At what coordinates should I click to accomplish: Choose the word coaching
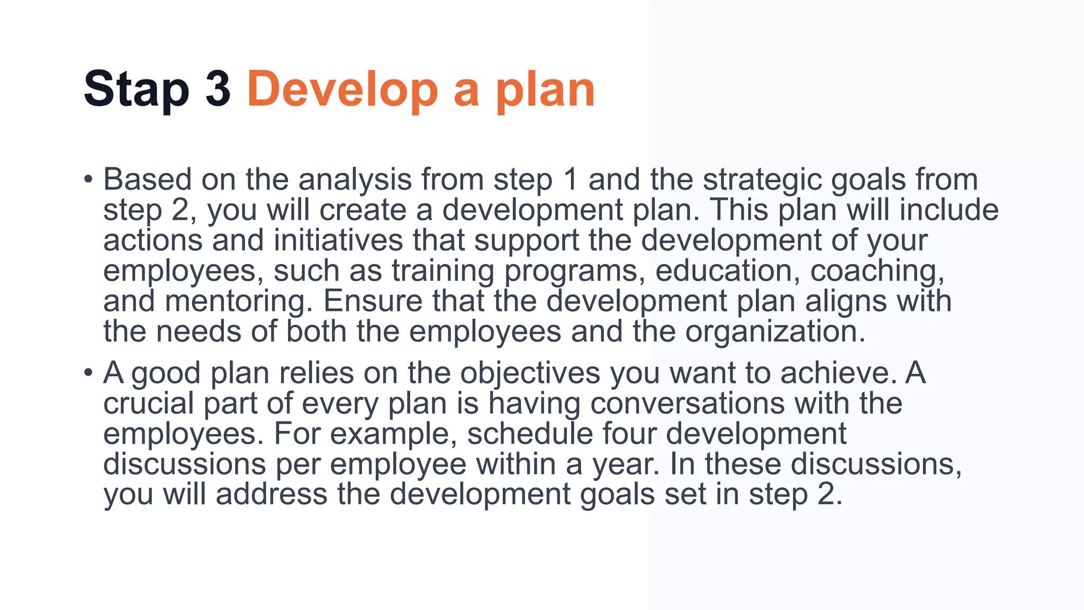point(877,271)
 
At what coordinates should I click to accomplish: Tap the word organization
point(775,332)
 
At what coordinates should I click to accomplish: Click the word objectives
point(530,374)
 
